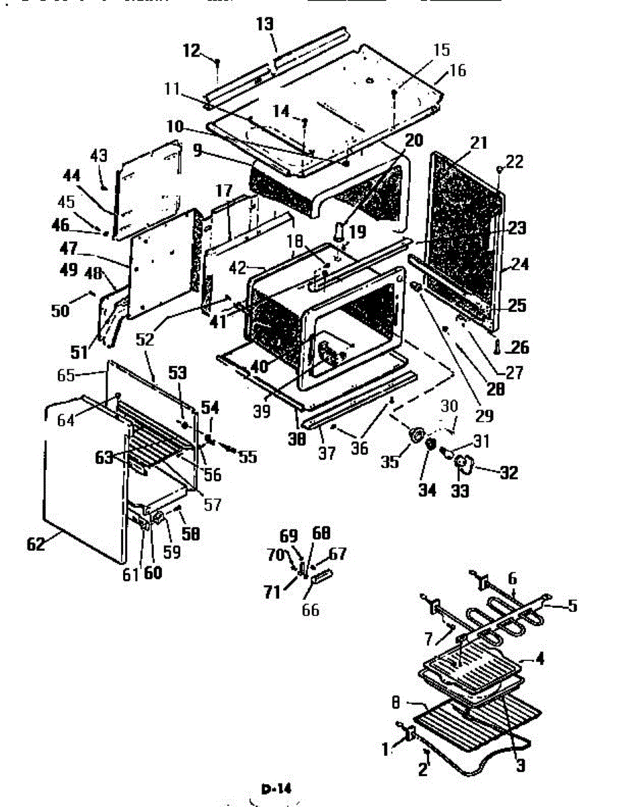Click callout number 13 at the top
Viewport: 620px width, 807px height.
click(x=266, y=25)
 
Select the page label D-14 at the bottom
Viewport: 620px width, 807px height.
click(x=276, y=788)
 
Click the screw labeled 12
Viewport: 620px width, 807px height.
click(x=218, y=63)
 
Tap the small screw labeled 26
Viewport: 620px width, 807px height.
click(x=496, y=348)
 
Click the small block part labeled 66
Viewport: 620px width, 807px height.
click(x=321, y=576)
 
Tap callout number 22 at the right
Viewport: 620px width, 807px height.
click(x=514, y=161)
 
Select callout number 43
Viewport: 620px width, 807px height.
click(x=99, y=155)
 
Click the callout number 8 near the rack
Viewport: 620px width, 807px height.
click(x=396, y=702)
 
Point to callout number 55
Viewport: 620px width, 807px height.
click(x=247, y=457)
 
